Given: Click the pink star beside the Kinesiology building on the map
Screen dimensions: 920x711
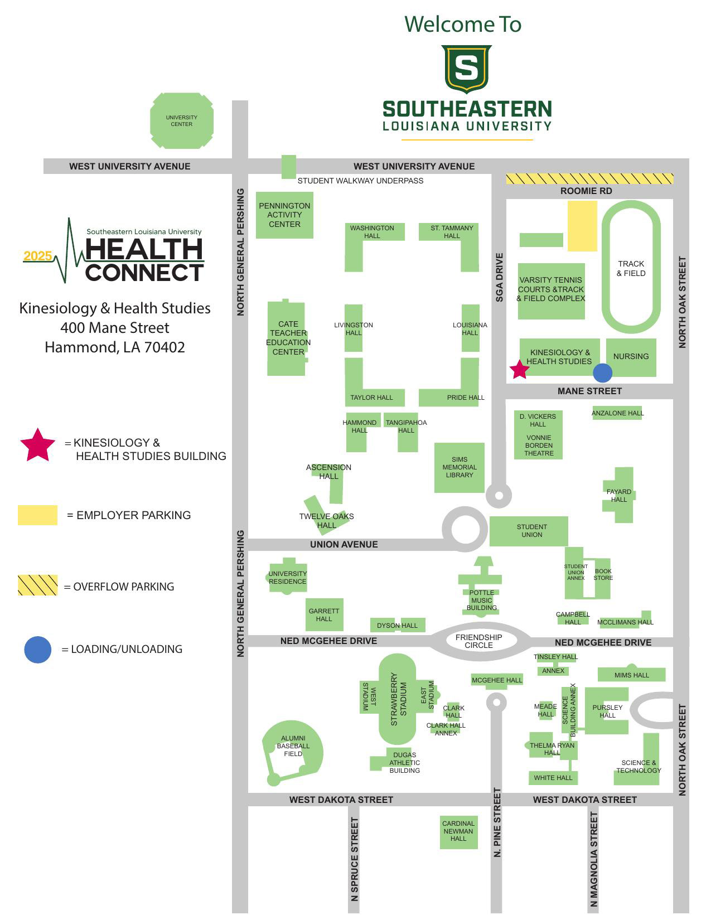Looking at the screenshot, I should (x=520, y=370).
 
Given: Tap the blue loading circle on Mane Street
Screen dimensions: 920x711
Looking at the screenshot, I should (x=602, y=373).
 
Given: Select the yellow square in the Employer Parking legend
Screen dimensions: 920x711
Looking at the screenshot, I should (x=37, y=515).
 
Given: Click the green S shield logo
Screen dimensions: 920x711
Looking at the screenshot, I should (x=466, y=68).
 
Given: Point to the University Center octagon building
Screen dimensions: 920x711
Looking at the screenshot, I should (x=182, y=121).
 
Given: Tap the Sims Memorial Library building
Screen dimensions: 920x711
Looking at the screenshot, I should (x=460, y=468).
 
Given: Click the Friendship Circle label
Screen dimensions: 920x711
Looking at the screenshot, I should (x=478, y=641).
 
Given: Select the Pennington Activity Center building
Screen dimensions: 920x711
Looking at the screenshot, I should (x=284, y=215).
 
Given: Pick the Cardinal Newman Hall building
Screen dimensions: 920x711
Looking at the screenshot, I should (x=458, y=831).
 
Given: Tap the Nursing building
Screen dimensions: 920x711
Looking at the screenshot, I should (x=631, y=357).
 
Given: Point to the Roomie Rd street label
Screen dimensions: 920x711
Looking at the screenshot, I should (x=586, y=191).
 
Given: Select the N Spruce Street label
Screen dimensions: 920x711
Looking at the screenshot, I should (x=354, y=859).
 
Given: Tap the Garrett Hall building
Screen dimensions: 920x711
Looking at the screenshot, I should (x=324, y=614).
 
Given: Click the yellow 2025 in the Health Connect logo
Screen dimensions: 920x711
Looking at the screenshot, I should (x=38, y=256).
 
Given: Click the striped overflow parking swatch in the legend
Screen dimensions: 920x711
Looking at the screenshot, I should (x=37, y=585).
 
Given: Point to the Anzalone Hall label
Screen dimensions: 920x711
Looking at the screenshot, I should (x=617, y=413).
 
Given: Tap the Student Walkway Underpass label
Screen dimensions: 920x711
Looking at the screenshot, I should (x=360, y=181).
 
